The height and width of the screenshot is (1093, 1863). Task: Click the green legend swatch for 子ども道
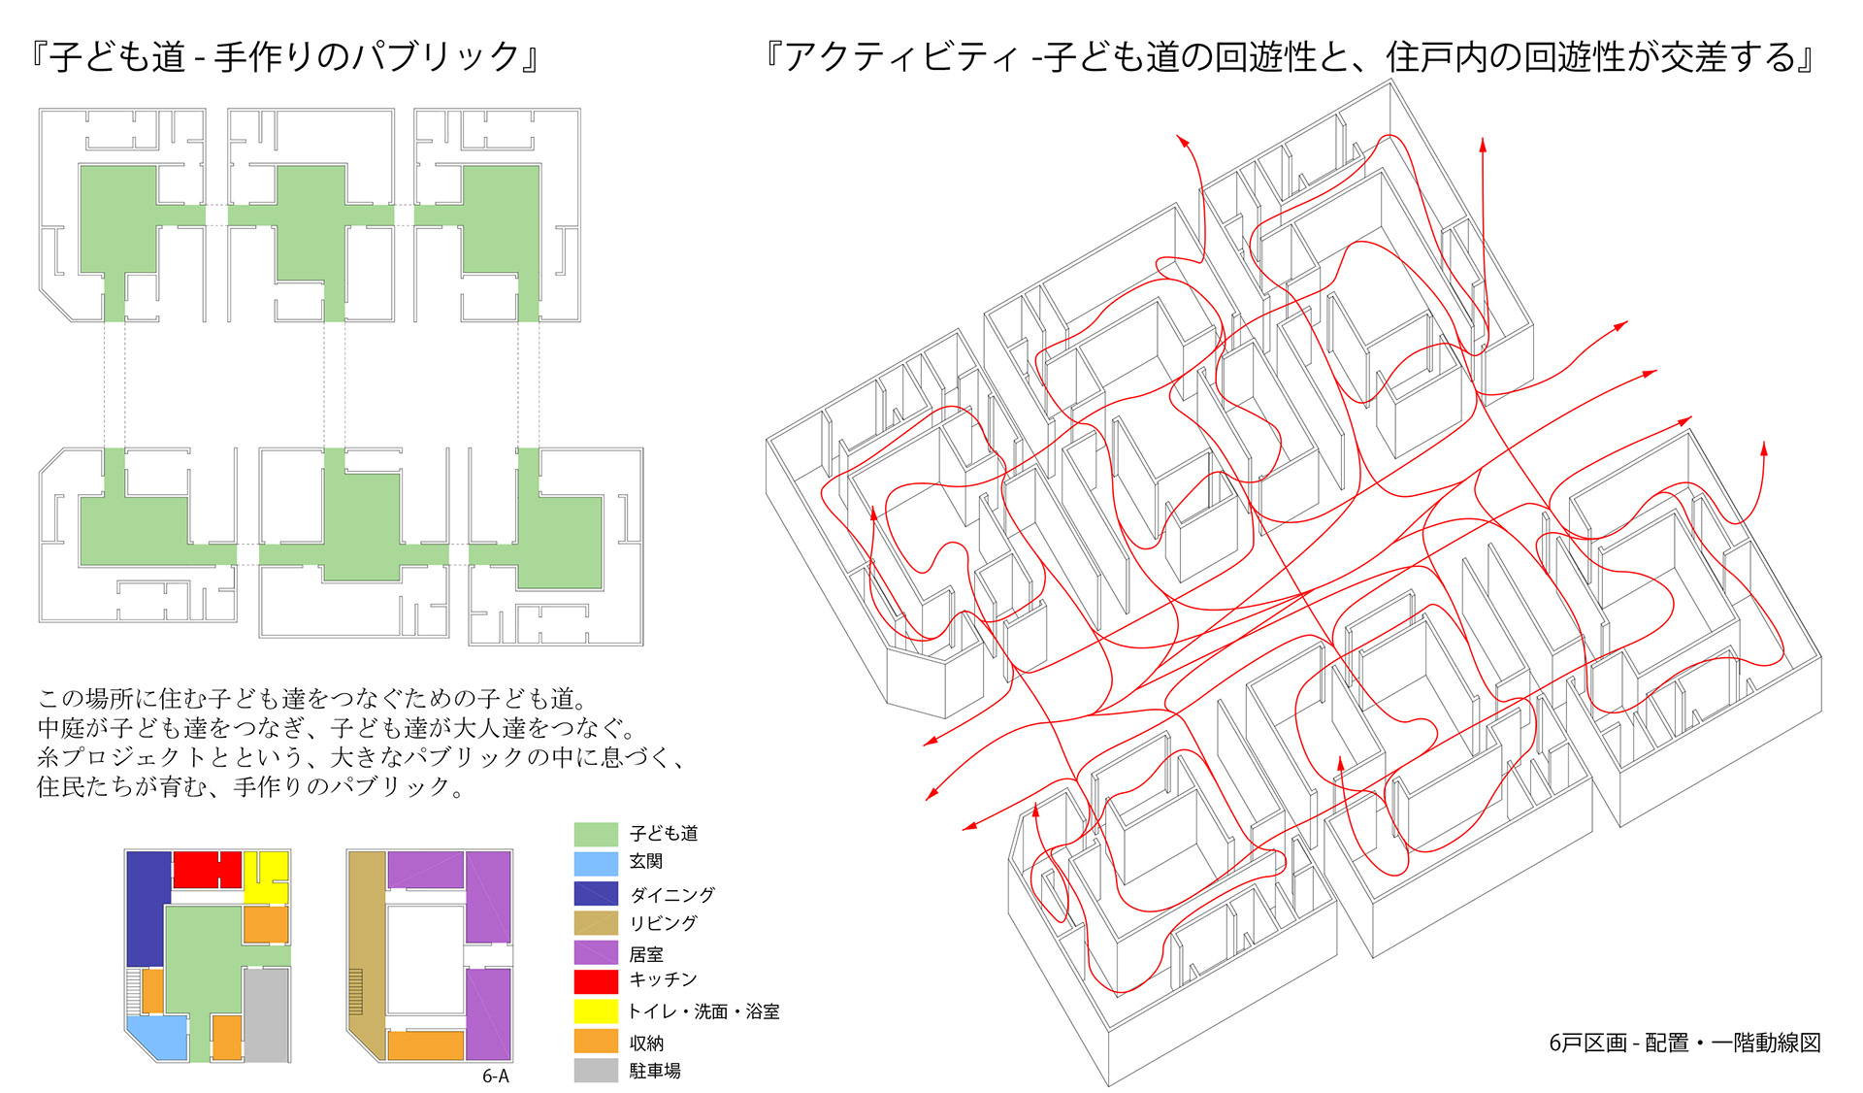(x=596, y=834)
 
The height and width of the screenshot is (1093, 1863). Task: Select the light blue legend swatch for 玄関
(x=596, y=863)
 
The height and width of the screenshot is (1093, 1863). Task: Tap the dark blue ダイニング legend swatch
(x=596, y=893)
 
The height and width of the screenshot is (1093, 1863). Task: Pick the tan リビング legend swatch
(x=596, y=922)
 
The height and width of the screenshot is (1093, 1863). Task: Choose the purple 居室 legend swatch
(x=596, y=952)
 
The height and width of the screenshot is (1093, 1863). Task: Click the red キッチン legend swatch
(x=596, y=981)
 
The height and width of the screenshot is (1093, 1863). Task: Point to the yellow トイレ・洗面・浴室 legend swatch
(x=596, y=1011)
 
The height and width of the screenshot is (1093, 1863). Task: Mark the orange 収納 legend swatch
(x=596, y=1041)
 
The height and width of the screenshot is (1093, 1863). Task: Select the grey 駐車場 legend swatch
(x=596, y=1070)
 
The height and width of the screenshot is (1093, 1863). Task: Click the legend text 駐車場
(x=655, y=1071)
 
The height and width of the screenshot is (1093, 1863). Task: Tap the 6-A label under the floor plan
(x=495, y=1076)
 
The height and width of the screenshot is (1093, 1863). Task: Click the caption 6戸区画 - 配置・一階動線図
(x=1684, y=1043)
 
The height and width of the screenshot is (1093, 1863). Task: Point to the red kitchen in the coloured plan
(x=207, y=869)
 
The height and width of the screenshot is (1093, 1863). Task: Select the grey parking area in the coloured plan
(x=266, y=1014)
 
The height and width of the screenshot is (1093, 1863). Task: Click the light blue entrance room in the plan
(x=157, y=1037)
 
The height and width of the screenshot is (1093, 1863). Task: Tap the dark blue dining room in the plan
(x=147, y=908)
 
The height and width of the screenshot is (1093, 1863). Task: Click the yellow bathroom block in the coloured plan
(x=265, y=875)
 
